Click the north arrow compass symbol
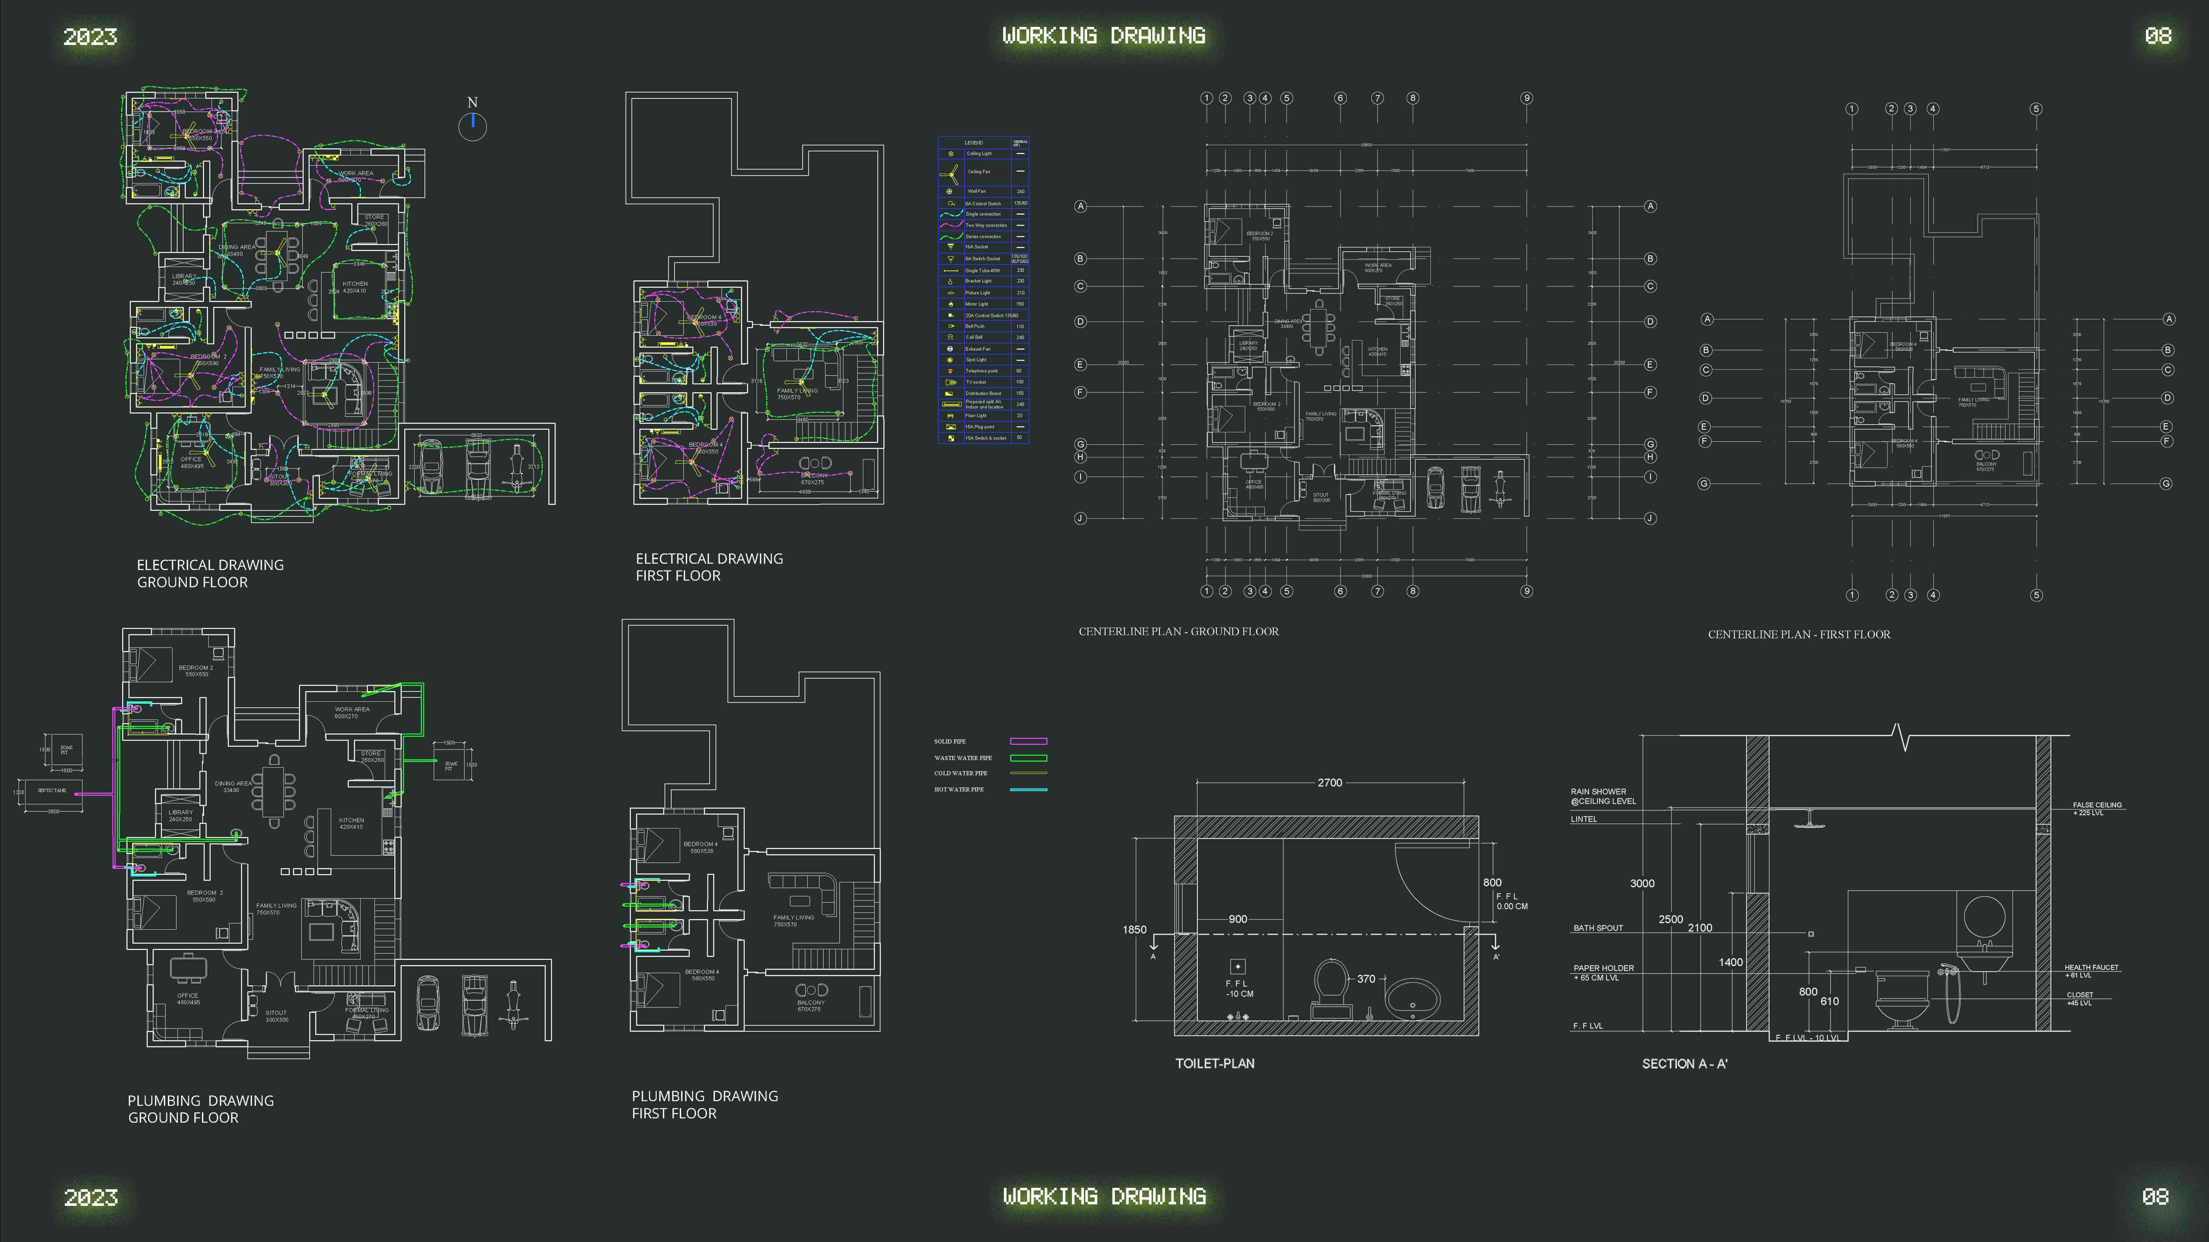(x=473, y=125)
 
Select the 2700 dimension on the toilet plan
(x=1329, y=782)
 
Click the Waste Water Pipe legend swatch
(x=1028, y=758)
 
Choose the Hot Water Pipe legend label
(x=959, y=790)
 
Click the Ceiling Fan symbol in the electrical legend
(x=950, y=171)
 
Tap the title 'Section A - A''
(x=1684, y=1064)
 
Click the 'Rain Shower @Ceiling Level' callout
(x=1603, y=796)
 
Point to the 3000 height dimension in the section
(x=1641, y=884)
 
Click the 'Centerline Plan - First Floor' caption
(x=1798, y=634)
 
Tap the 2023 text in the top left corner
(x=90, y=37)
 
